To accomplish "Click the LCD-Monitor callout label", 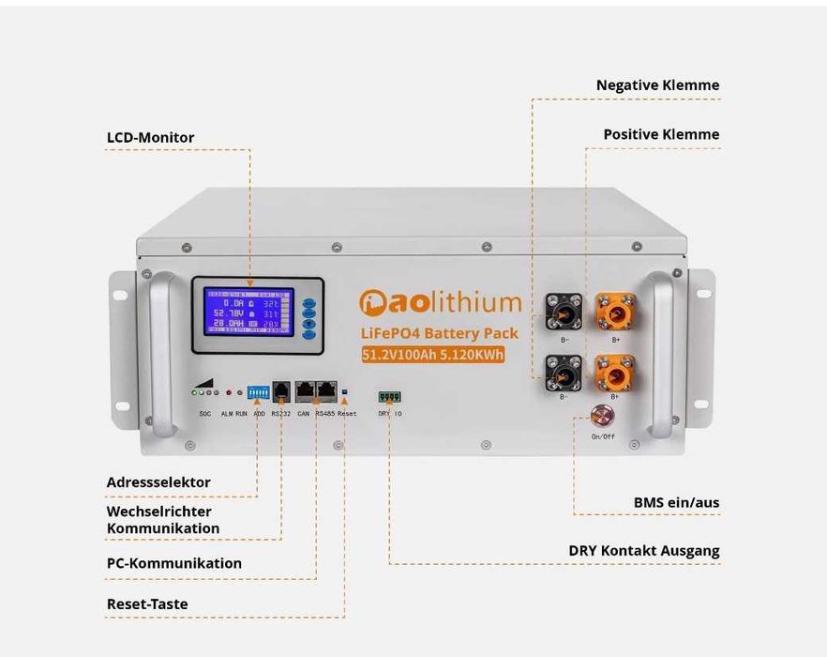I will coord(150,138).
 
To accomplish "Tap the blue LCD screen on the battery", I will coord(248,313).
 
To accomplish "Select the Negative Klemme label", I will coord(657,85).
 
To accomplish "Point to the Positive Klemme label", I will coord(661,134).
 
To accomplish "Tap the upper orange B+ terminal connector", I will coord(615,311).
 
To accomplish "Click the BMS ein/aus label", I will coord(676,503).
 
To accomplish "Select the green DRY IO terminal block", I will coord(389,396).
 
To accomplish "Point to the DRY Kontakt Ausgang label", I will coord(643,551).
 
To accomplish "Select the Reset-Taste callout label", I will coord(147,604).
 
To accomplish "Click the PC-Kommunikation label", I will coord(173,563).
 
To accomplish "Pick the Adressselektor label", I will coord(158,482).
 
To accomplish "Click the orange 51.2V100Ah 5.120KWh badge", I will coord(433,354).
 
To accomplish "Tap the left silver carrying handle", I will coord(160,354).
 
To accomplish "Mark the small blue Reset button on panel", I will coord(345,391).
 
